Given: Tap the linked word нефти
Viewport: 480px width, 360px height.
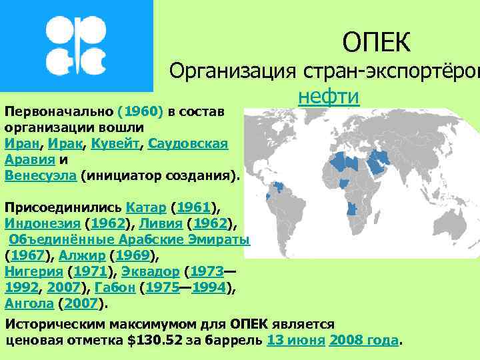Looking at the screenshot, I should click(x=329, y=97).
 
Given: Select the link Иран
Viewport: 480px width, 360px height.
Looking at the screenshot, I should click(x=21, y=143).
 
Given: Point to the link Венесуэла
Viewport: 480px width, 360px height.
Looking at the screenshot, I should click(x=41, y=175).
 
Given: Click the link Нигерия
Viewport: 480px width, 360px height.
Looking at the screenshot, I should click(x=34, y=272).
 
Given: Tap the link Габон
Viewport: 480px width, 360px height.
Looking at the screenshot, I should click(x=117, y=288).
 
